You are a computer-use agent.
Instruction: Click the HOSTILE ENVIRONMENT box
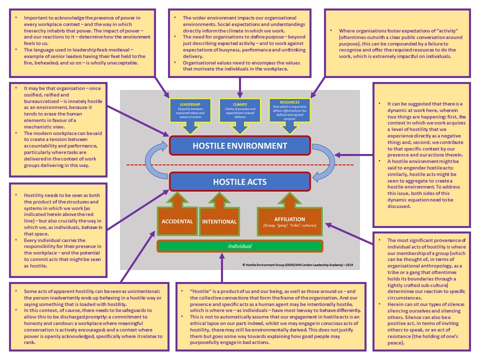(x=240, y=146)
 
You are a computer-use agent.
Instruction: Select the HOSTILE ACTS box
(x=240, y=181)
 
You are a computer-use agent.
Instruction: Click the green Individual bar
(x=240, y=246)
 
